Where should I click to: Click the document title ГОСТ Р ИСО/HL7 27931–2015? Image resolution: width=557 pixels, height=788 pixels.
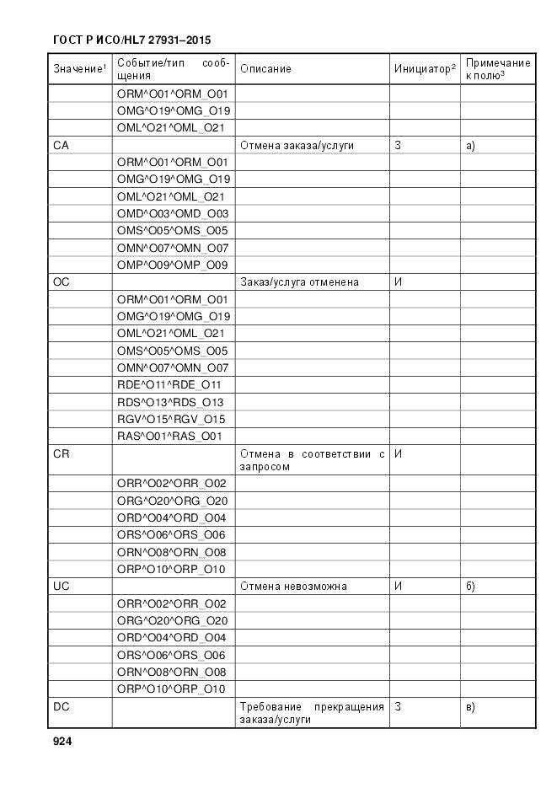point(131,40)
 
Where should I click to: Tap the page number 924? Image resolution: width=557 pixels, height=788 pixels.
point(62,742)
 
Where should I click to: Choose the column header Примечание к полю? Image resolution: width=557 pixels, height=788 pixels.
point(498,69)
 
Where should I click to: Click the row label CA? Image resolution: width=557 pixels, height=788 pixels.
point(61,145)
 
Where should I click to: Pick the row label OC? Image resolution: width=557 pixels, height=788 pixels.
point(61,282)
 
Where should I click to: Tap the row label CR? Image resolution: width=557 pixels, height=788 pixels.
point(61,454)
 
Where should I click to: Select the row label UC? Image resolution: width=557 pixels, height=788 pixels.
point(61,586)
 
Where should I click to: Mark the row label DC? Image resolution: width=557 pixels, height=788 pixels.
point(61,707)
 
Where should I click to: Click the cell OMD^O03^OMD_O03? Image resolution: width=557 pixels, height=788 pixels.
point(173,213)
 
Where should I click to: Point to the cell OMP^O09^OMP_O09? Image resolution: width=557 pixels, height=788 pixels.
point(173,265)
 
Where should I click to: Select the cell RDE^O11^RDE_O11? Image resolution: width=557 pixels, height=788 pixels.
point(170,385)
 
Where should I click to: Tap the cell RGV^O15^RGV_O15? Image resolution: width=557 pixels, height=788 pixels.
point(170,419)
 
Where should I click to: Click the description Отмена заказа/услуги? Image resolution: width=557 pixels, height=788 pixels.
point(297,145)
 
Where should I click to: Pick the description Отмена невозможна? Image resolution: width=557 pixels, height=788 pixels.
point(293,586)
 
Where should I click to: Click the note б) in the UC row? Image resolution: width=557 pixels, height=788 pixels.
point(470,586)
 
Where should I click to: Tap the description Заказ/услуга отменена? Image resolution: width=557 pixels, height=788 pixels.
point(299,282)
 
